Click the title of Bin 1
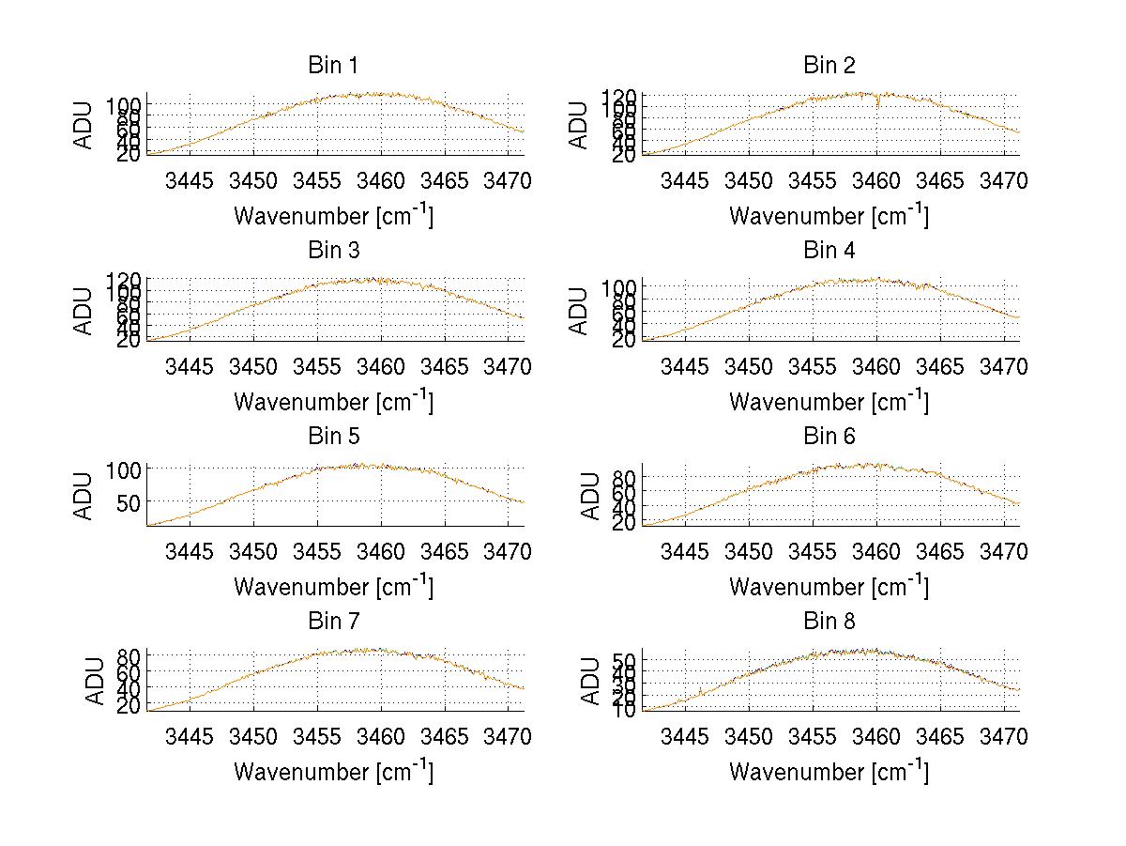coord(333,66)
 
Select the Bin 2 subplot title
coord(829,66)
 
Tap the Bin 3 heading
coord(333,251)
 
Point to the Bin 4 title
coord(829,251)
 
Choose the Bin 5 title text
coord(333,437)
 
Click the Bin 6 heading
coord(829,437)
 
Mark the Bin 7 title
coord(333,622)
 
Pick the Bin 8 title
coord(829,622)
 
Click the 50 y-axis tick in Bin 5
coord(129,501)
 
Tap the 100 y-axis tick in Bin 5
coord(123,469)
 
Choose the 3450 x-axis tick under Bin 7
coord(253,735)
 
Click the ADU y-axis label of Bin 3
coord(84,311)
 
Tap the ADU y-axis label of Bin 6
coord(590,496)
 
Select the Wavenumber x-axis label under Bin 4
coord(829,401)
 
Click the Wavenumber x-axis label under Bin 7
coord(333,771)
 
